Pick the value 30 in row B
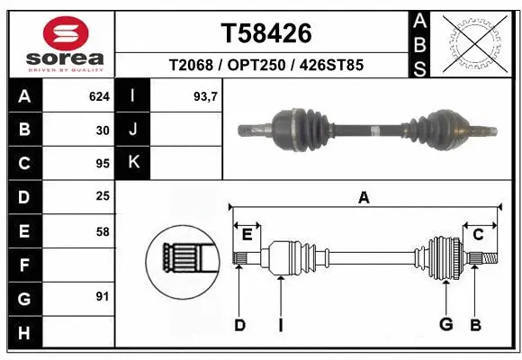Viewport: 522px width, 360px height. tap(103, 130)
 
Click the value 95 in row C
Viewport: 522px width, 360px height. tap(103, 164)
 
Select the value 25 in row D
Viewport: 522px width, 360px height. tap(103, 197)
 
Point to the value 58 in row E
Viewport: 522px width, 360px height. tap(103, 231)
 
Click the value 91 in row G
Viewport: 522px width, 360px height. tap(103, 296)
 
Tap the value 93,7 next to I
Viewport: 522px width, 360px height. tap(207, 95)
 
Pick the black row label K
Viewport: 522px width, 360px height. tap(133, 163)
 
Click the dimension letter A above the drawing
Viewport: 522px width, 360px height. tap(364, 199)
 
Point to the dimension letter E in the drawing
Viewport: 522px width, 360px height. tap(247, 235)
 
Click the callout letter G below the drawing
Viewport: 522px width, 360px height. tap(445, 324)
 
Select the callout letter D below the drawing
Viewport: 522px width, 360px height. tap(239, 324)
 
